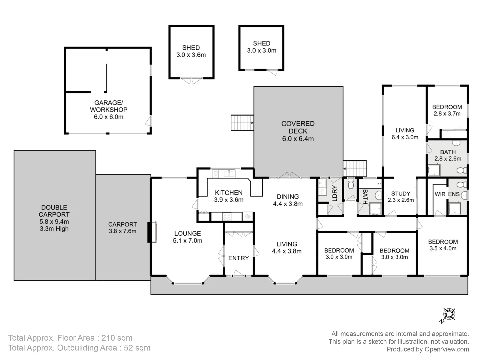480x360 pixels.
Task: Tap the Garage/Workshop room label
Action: (x=108, y=106)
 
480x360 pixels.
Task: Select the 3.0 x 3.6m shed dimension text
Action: (x=191, y=55)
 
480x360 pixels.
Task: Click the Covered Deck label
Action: (x=298, y=127)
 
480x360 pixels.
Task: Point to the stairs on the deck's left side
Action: (x=242, y=123)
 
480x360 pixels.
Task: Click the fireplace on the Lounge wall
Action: (x=152, y=232)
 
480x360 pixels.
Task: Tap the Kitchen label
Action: (x=229, y=193)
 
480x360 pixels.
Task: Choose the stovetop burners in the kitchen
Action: (x=227, y=217)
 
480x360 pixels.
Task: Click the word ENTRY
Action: (x=238, y=258)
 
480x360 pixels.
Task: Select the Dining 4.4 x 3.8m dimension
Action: (x=288, y=204)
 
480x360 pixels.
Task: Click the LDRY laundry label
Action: (x=335, y=193)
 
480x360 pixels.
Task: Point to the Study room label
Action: (x=401, y=193)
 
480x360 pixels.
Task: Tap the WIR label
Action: (x=440, y=194)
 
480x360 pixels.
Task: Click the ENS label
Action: (x=454, y=194)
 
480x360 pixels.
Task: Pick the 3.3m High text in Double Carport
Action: (x=54, y=229)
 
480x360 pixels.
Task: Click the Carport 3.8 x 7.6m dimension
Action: (x=122, y=231)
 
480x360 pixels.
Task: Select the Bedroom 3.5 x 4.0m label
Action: (x=443, y=245)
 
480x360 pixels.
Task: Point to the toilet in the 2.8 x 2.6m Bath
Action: (x=462, y=170)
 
